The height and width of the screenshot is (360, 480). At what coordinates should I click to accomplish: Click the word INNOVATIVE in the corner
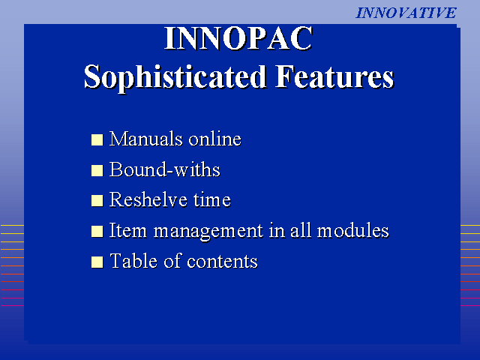click(406, 13)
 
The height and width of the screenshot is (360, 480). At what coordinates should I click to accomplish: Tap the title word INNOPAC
click(238, 38)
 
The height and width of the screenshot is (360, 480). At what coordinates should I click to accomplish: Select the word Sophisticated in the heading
click(175, 77)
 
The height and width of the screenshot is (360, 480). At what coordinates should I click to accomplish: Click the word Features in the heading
click(334, 76)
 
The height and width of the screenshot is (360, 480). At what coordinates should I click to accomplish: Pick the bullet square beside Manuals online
click(97, 140)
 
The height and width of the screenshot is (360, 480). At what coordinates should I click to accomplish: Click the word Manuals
click(145, 139)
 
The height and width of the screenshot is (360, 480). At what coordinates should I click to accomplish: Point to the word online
click(215, 139)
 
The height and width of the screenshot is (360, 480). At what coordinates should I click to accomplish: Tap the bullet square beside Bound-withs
click(97, 170)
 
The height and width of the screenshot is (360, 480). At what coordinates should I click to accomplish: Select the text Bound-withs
click(165, 169)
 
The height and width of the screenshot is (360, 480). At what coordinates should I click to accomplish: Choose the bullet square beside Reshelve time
click(97, 201)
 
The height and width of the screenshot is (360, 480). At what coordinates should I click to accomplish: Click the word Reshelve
click(148, 199)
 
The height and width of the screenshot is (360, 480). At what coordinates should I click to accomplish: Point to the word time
click(212, 200)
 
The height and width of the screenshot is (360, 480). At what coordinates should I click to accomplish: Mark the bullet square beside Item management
click(97, 232)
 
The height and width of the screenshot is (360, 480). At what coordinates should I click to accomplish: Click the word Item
click(128, 230)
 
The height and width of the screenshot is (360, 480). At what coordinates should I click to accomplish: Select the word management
click(208, 232)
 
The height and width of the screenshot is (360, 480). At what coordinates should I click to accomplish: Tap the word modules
click(353, 230)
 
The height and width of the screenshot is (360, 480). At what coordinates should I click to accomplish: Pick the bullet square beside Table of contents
click(97, 262)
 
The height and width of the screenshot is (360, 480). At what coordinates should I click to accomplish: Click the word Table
click(133, 261)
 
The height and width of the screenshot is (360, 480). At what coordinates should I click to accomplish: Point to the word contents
click(222, 262)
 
